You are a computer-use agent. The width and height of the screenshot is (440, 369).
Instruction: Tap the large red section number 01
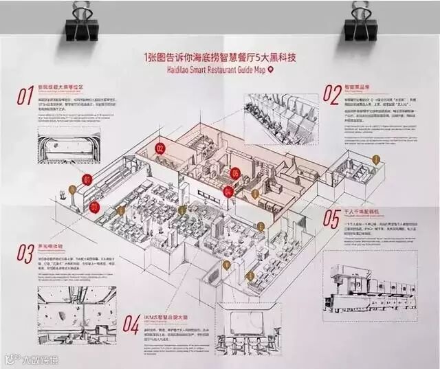[x=25, y=96]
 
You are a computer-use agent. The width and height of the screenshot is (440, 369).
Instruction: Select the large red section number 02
[x=333, y=93]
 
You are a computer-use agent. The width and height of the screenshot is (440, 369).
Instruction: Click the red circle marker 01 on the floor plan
[x=87, y=179]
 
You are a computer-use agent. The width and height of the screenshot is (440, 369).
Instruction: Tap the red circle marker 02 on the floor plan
[x=159, y=147]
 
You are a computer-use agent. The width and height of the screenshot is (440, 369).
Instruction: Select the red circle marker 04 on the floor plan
[x=229, y=192]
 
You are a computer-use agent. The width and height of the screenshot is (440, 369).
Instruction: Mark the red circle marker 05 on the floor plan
[x=235, y=173]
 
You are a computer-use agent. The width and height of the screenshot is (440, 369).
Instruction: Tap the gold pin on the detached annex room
[x=376, y=159]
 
